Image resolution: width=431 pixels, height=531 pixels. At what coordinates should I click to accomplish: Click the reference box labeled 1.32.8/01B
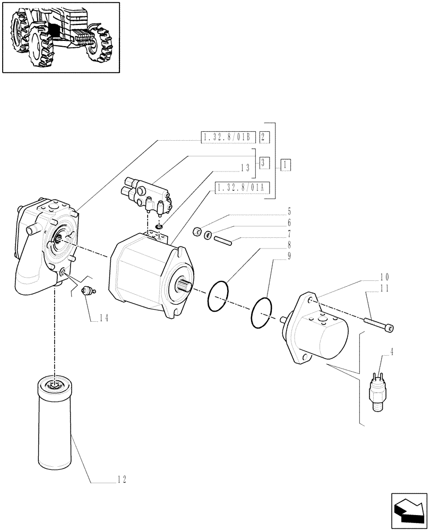pos(229,138)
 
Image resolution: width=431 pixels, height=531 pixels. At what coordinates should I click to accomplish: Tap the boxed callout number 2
pos(265,138)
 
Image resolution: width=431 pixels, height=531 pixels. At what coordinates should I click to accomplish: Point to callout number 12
pos(122,481)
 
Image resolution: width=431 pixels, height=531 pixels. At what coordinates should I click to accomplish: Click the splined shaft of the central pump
pos(184,287)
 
